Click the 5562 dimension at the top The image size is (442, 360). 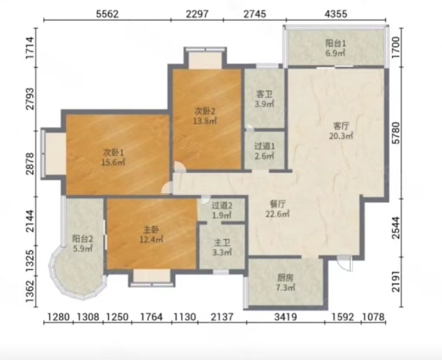tap(107, 14)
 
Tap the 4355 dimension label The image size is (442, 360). tap(336, 14)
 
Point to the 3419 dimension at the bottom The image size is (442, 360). tap(286, 317)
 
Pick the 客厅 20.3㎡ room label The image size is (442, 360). tap(341, 131)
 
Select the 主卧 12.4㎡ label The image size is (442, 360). tap(151, 235)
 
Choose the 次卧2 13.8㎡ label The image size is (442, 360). tap(205, 116)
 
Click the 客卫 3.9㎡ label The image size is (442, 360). tap(264, 99)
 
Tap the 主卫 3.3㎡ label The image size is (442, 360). tap(222, 247)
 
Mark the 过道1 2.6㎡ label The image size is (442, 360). tap(264, 151)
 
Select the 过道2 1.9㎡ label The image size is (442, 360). tap(222, 210)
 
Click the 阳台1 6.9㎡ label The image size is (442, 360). tap(336, 48)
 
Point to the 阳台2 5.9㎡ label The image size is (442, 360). tap(83, 244)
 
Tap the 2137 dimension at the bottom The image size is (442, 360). tap(222, 317)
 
